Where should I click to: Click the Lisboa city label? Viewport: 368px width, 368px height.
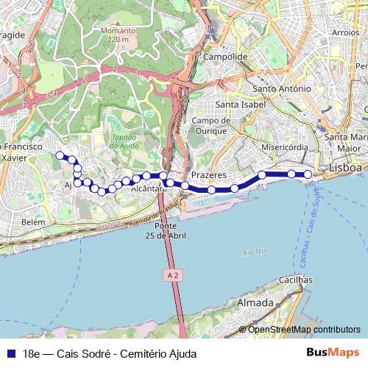(x=347, y=168)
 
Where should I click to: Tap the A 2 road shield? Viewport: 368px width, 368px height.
(x=170, y=273)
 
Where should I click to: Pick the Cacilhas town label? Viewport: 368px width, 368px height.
(x=295, y=280)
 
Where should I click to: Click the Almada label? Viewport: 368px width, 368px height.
(x=254, y=302)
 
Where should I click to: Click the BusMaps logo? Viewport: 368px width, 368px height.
(x=333, y=352)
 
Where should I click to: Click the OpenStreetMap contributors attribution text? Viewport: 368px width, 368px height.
(x=304, y=330)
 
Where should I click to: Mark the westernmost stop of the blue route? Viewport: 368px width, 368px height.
(x=60, y=155)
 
